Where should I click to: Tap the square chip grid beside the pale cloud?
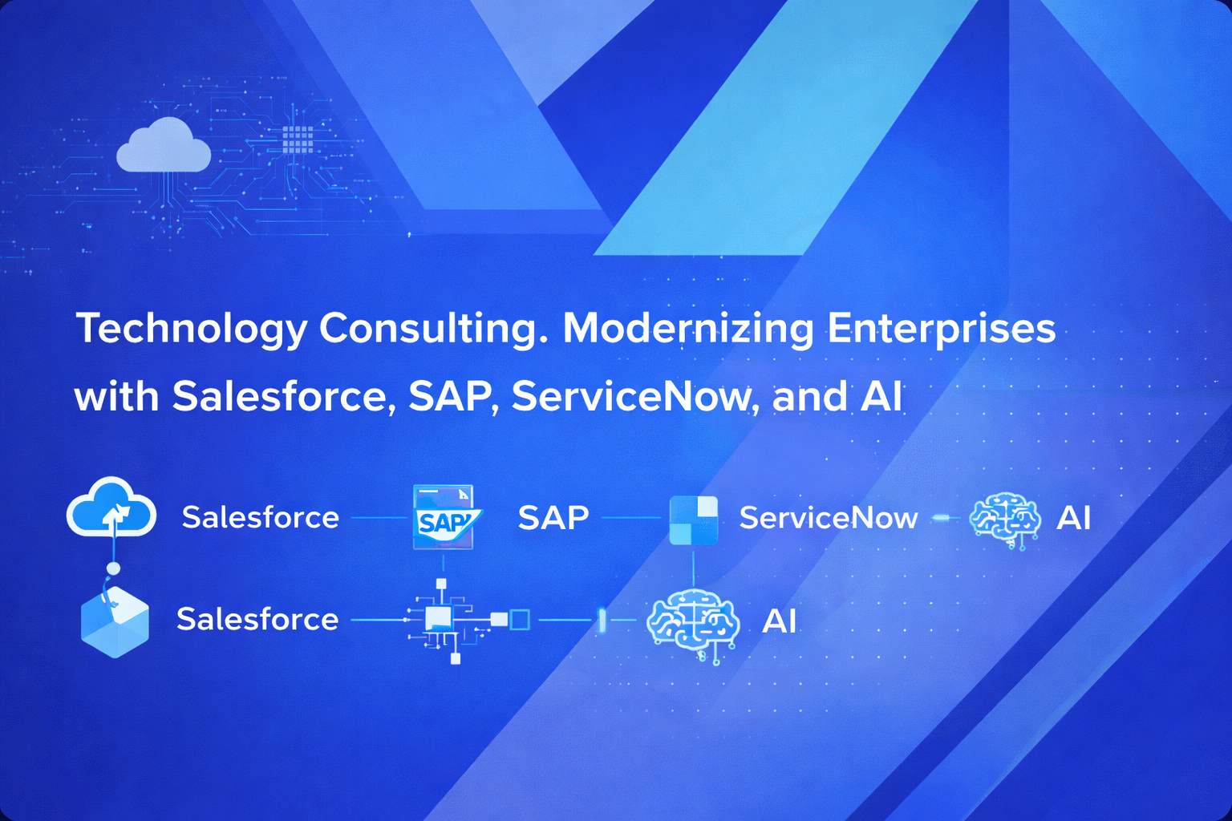coord(298,140)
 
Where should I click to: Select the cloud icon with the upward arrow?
coord(111,507)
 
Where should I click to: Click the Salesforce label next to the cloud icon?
coord(260,517)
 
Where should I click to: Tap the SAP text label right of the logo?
coord(553,517)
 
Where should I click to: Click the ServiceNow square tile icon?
coord(694,520)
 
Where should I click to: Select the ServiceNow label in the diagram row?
coord(829,517)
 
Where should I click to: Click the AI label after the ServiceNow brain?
coord(1073,517)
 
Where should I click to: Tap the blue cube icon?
coord(115,621)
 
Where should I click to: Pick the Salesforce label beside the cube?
coord(257,619)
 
